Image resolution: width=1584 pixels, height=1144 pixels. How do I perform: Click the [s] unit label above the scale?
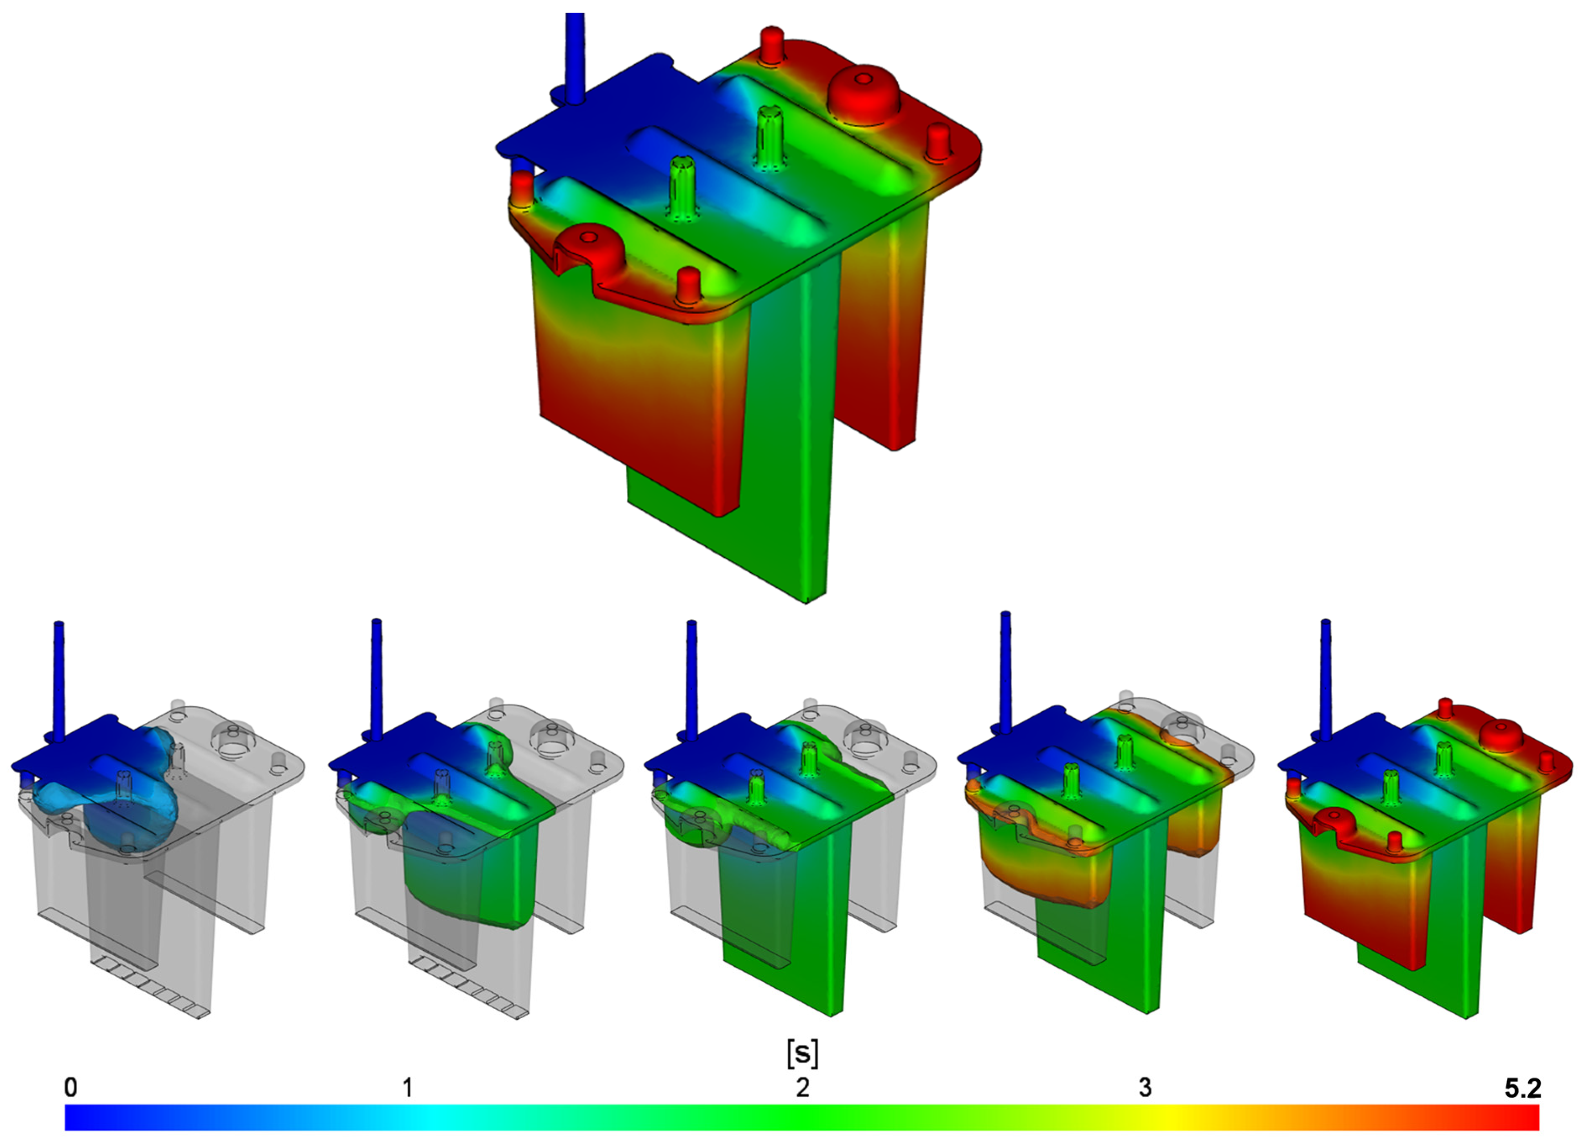802,1053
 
